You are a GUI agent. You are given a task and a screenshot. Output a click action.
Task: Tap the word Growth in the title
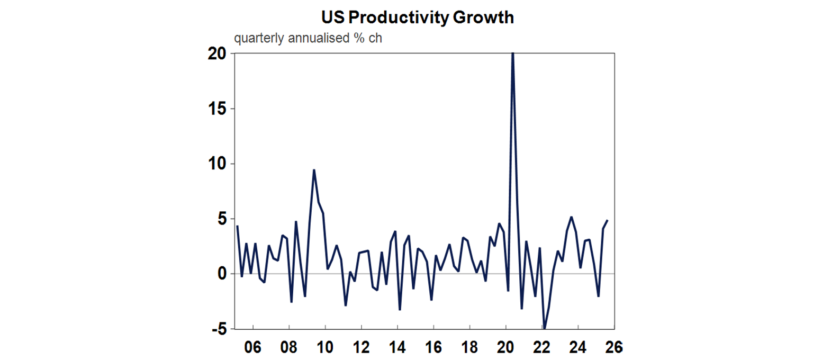tap(484, 17)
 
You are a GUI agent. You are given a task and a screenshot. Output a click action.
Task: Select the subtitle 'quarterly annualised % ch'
tap(308, 39)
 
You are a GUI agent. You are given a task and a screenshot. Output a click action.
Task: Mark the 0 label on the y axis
tap(222, 274)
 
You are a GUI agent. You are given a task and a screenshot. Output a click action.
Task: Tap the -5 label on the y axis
tap(218, 329)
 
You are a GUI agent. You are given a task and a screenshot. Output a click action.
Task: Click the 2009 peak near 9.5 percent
tap(314, 170)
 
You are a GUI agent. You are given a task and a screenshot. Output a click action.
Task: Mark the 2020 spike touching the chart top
tap(512, 54)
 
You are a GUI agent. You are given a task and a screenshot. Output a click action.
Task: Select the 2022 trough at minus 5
tap(544, 328)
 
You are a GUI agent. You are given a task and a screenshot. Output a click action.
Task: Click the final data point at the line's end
tap(607, 221)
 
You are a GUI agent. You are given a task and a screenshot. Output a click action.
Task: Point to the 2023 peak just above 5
tap(571, 217)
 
